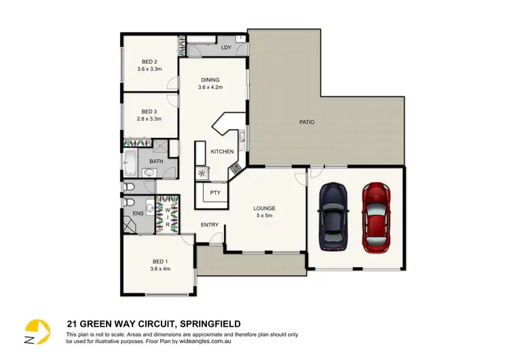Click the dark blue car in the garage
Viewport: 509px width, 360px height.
pos(333,217)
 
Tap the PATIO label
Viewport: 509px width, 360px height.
pos(307,122)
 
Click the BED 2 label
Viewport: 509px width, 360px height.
pos(149,60)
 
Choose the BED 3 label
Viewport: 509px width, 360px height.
pos(149,111)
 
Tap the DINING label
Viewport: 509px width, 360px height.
pos(210,79)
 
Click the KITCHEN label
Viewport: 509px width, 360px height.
pos(222,151)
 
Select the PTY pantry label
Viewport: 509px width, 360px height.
pos(215,193)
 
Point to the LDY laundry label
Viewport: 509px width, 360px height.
pos(226,47)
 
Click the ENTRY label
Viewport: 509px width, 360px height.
pos(210,225)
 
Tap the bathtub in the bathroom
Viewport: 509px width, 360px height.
pos(130,163)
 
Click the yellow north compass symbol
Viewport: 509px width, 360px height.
pos(38,329)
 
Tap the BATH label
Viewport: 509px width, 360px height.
pos(156,161)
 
